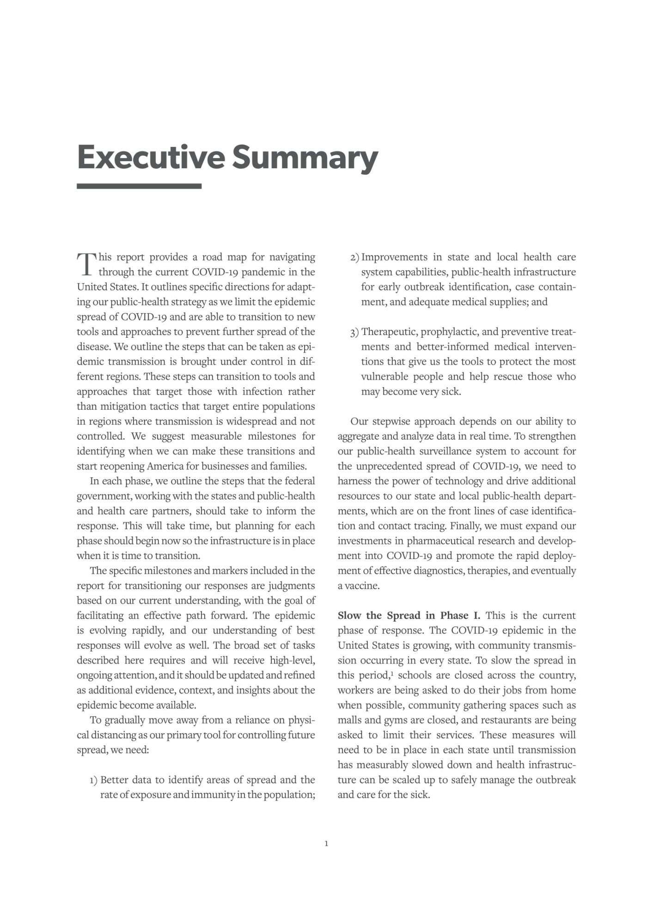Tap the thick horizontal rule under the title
139,186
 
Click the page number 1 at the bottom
327,844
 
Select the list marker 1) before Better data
94,780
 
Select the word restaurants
506,720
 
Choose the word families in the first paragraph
290,466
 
